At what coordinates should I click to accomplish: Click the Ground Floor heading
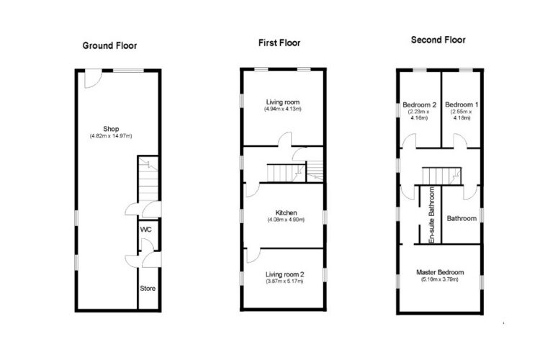[x=109, y=46]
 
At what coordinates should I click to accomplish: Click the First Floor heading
[x=279, y=42]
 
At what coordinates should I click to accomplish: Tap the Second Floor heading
[x=438, y=40]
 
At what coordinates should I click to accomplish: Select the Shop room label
[x=111, y=129]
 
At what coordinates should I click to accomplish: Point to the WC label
[x=145, y=230]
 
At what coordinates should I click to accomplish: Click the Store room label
[x=148, y=288]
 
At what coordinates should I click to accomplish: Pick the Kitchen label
[x=286, y=213]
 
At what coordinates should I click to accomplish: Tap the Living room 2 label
[x=284, y=274]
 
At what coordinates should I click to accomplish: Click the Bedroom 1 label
[x=462, y=104]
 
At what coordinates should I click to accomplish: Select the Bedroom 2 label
[x=419, y=104]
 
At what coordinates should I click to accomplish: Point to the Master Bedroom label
[x=440, y=272]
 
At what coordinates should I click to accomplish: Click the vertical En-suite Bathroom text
[x=431, y=215]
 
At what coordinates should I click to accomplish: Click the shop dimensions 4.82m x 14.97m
[x=111, y=136]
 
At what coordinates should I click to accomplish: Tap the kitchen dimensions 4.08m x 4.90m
[x=286, y=220]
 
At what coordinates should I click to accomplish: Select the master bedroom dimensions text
[x=440, y=279]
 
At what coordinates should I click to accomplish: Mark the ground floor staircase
[x=148, y=180]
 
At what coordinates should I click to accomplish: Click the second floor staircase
[x=441, y=176]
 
